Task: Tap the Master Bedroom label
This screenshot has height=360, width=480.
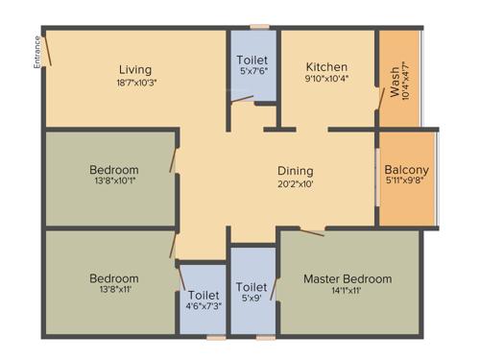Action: click(x=348, y=279)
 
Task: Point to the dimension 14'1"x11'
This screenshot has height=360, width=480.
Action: click(x=348, y=292)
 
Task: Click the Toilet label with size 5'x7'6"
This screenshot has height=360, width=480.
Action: click(x=252, y=60)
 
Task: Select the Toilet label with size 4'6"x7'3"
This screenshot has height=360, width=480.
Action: click(x=204, y=296)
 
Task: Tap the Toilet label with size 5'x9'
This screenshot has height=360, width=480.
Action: click(x=252, y=286)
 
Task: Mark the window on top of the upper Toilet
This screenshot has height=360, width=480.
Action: click(x=257, y=27)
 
